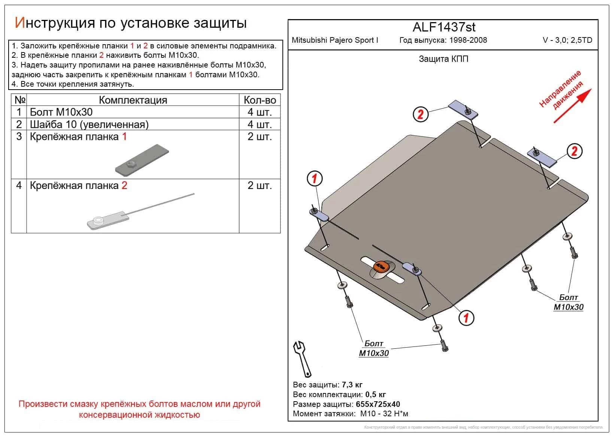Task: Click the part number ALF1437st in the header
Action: pos(444,27)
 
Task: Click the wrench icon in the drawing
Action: pos(302,358)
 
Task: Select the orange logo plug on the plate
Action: pos(381,266)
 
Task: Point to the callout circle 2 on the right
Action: pos(574,151)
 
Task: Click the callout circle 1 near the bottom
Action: pos(466,318)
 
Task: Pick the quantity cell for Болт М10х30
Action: pos(260,112)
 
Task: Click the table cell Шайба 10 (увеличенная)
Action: pos(89,124)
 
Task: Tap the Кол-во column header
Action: pos(260,100)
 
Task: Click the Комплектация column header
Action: pos(133,100)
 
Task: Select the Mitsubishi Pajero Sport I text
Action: pos(335,40)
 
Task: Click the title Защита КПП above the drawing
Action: pos(443,59)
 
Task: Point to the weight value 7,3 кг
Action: pos(352,385)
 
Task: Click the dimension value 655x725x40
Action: pos(378,404)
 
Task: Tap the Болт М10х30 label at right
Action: pos(568,302)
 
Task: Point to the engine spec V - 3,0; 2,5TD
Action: pos(567,40)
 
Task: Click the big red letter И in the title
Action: pos(19,23)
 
